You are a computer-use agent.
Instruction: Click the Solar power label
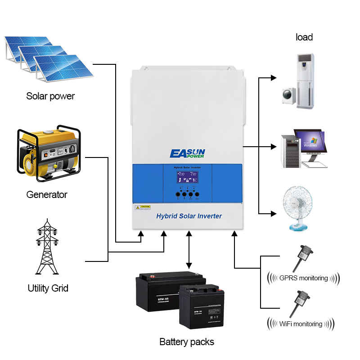50,96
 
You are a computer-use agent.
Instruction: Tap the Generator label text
47,194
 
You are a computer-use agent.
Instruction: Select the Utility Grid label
48,288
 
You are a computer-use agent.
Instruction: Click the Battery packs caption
187,342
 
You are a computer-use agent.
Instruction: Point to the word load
304,37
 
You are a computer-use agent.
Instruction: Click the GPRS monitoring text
303,278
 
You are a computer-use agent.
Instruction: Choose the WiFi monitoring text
301,324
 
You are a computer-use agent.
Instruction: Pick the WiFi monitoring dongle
299,302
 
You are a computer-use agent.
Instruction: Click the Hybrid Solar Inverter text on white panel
189,216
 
